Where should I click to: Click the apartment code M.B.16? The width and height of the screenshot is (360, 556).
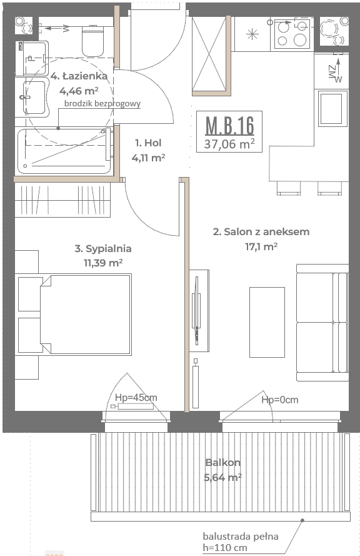point(229,125)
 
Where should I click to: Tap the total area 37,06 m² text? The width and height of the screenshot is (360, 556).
point(229,144)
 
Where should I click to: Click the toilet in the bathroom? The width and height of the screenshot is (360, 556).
point(93,41)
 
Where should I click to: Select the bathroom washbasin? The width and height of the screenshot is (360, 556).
point(35,97)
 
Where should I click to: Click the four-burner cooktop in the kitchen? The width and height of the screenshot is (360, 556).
point(292,34)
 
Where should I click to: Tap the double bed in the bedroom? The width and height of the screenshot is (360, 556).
point(86,314)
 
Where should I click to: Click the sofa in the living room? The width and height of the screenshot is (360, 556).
point(322,322)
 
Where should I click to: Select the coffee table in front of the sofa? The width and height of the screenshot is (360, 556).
point(267,322)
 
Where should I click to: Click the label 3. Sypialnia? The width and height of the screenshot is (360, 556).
point(103,248)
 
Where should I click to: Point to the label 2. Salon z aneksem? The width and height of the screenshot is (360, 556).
point(261,231)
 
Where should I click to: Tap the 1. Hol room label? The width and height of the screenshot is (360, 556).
point(148,143)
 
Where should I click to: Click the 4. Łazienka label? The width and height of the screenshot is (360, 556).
point(79,76)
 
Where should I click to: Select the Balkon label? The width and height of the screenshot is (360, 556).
point(223,462)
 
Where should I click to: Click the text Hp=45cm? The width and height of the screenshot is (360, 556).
point(136,398)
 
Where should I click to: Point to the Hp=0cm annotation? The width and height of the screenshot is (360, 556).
point(280,400)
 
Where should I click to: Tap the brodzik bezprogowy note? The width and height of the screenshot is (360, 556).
point(102,104)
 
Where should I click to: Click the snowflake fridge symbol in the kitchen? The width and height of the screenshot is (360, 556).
point(252,34)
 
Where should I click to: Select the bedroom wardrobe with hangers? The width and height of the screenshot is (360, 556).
point(62,200)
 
